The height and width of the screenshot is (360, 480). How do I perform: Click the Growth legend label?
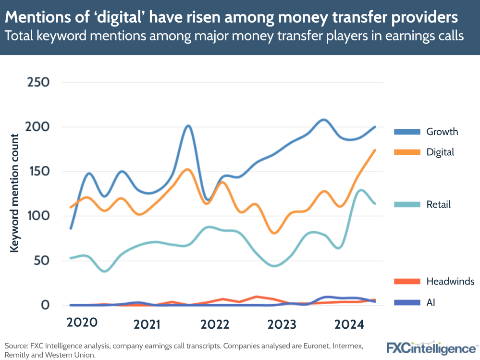(442, 132)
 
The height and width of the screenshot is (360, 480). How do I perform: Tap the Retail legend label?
(438, 205)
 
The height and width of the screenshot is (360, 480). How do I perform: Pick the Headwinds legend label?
(450, 281)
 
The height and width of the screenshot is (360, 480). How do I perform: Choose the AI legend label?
(431, 302)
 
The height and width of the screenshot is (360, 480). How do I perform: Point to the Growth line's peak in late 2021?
(188, 126)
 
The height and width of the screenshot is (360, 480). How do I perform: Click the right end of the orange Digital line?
(375, 150)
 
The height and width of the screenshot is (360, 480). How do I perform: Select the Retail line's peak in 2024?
(361, 190)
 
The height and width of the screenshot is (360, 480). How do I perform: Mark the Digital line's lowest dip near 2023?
(274, 233)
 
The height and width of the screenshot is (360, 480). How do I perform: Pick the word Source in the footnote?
(16, 346)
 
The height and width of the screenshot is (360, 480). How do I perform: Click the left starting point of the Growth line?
(71, 228)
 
